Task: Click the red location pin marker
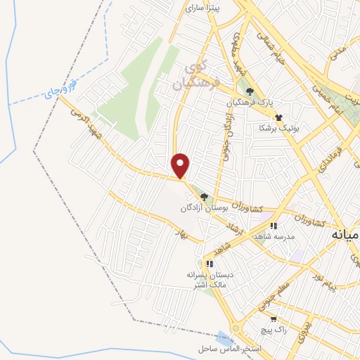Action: [x=181, y=165]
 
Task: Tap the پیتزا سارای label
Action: [x=202, y=8]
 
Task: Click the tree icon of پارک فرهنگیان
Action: [x=249, y=91]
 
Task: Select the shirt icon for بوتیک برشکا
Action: [x=278, y=117]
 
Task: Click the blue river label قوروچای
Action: [x=57, y=90]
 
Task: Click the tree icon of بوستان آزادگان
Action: [x=204, y=197]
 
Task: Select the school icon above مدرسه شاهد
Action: [x=274, y=226]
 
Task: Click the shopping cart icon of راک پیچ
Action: [x=274, y=319]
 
